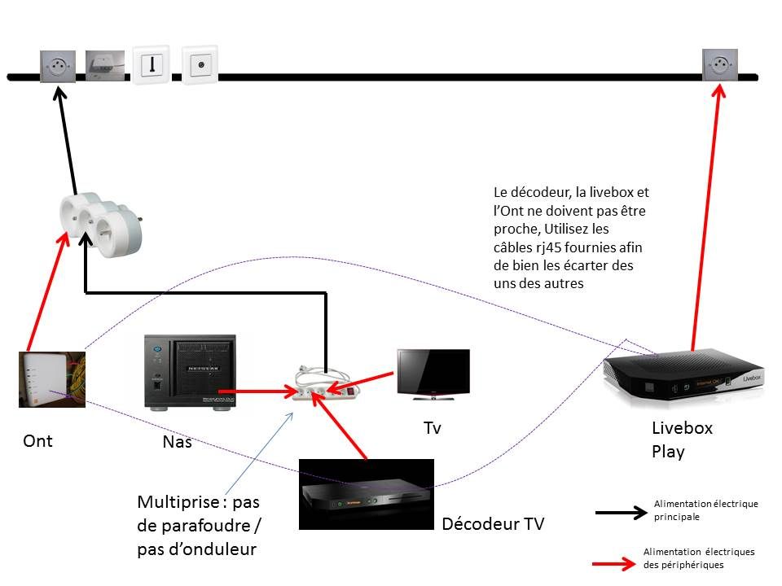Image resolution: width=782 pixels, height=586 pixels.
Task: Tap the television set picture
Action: (433, 374)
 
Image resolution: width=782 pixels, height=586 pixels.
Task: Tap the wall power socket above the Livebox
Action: (721, 64)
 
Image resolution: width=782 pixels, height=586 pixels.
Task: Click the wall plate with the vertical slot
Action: (151, 65)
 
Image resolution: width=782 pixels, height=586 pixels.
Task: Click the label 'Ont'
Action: (37, 441)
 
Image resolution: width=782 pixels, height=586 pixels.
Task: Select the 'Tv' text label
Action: (432, 428)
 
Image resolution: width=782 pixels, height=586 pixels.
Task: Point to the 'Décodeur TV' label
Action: (492, 524)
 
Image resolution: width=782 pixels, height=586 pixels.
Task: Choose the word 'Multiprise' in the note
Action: (176, 501)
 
